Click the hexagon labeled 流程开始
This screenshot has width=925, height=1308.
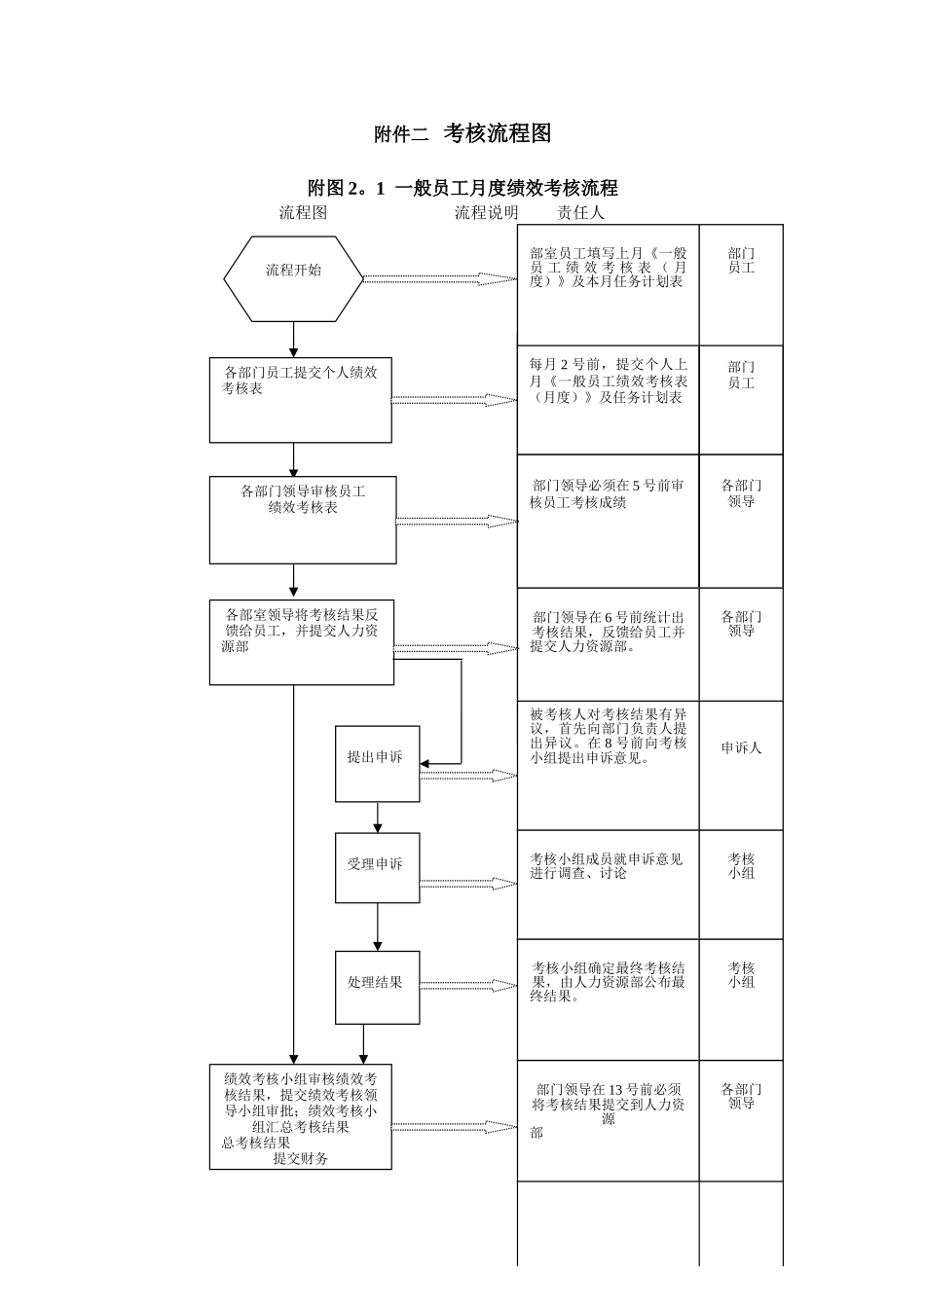[293, 278]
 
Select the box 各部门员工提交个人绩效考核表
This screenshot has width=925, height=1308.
[301, 400]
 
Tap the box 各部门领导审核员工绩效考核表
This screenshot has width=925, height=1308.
[303, 520]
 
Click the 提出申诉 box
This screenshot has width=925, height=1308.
[377, 764]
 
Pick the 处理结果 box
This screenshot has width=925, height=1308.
[377, 987]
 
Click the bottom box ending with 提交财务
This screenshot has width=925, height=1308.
[301, 1116]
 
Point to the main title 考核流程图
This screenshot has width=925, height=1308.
[498, 133]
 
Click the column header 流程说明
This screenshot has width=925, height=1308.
[486, 212]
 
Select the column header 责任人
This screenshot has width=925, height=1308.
[580, 212]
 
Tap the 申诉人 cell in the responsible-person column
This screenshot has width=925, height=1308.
[741, 748]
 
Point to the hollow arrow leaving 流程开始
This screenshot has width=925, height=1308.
[440, 279]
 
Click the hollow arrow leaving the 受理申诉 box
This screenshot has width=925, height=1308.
[468, 884]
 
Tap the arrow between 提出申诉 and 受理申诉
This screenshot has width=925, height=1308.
[378, 817]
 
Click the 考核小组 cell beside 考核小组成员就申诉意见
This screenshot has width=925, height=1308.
[741, 866]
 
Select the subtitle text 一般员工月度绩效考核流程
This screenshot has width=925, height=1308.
[505, 188]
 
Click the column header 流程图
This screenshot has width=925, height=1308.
[303, 212]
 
